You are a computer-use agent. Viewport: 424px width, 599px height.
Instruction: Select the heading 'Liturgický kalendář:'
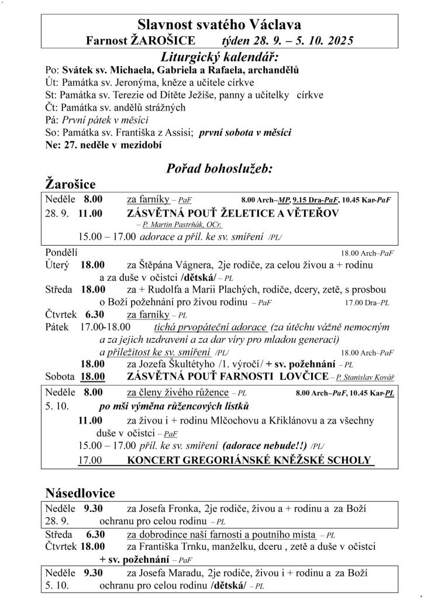pyautogui.click(x=219, y=57)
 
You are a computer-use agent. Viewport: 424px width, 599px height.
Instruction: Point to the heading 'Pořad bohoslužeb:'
pyautogui.click(x=220, y=169)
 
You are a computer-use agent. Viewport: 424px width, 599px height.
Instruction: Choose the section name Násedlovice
pyautogui.click(x=80, y=493)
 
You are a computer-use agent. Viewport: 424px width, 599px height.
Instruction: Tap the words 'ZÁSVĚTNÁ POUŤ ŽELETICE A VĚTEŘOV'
pyautogui.click(x=233, y=214)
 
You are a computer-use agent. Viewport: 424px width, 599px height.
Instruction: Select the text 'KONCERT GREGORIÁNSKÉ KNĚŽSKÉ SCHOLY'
pyautogui.click(x=249, y=460)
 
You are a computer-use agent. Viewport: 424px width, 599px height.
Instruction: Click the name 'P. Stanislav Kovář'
pyautogui.click(x=365, y=377)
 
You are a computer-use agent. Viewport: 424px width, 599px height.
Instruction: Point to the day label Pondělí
pyautogui.click(x=61, y=253)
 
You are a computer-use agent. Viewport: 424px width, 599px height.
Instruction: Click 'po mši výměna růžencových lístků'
pyautogui.click(x=174, y=406)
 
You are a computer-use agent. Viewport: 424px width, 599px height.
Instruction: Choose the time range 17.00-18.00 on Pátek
pyautogui.click(x=105, y=327)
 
